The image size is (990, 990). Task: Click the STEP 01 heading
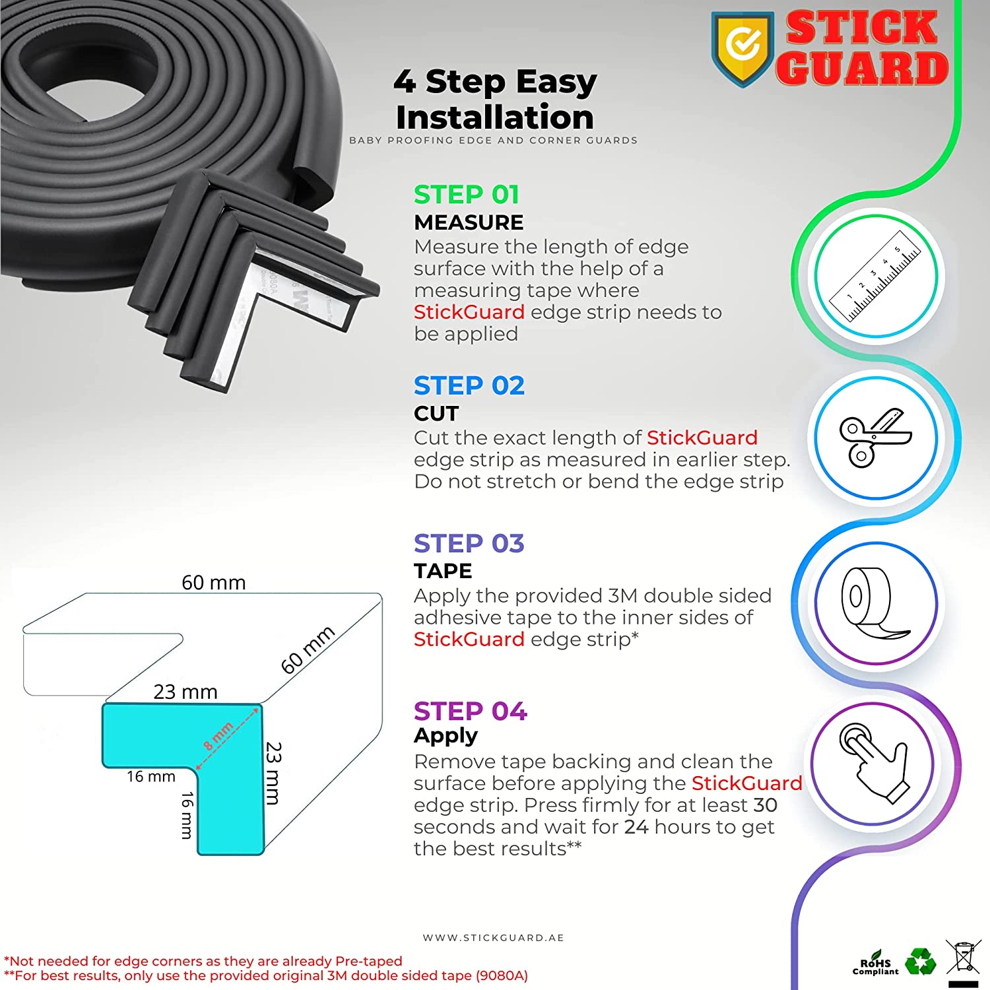[x=467, y=195]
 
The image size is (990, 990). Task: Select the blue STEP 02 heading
[x=469, y=385]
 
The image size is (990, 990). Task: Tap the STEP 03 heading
[x=469, y=543]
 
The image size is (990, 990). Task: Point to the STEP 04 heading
[x=471, y=711]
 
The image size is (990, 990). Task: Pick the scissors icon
[x=875, y=438]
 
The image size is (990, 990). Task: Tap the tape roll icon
[x=875, y=603]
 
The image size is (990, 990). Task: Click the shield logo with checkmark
[x=742, y=48]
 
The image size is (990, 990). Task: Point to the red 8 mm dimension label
[x=218, y=736]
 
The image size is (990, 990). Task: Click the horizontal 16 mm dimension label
[x=151, y=777]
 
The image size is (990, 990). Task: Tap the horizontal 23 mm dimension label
[x=185, y=692]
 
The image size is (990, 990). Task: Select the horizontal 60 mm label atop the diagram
[x=213, y=583]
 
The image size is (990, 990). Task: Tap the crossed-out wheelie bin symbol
[x=964, y=958]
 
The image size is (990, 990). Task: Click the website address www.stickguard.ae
[x=494, y=938]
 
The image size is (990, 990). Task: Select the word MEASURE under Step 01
[x=469, y=222]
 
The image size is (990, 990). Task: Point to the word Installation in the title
[x=495, y=117]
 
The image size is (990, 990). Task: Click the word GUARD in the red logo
[x=862, y=68]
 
